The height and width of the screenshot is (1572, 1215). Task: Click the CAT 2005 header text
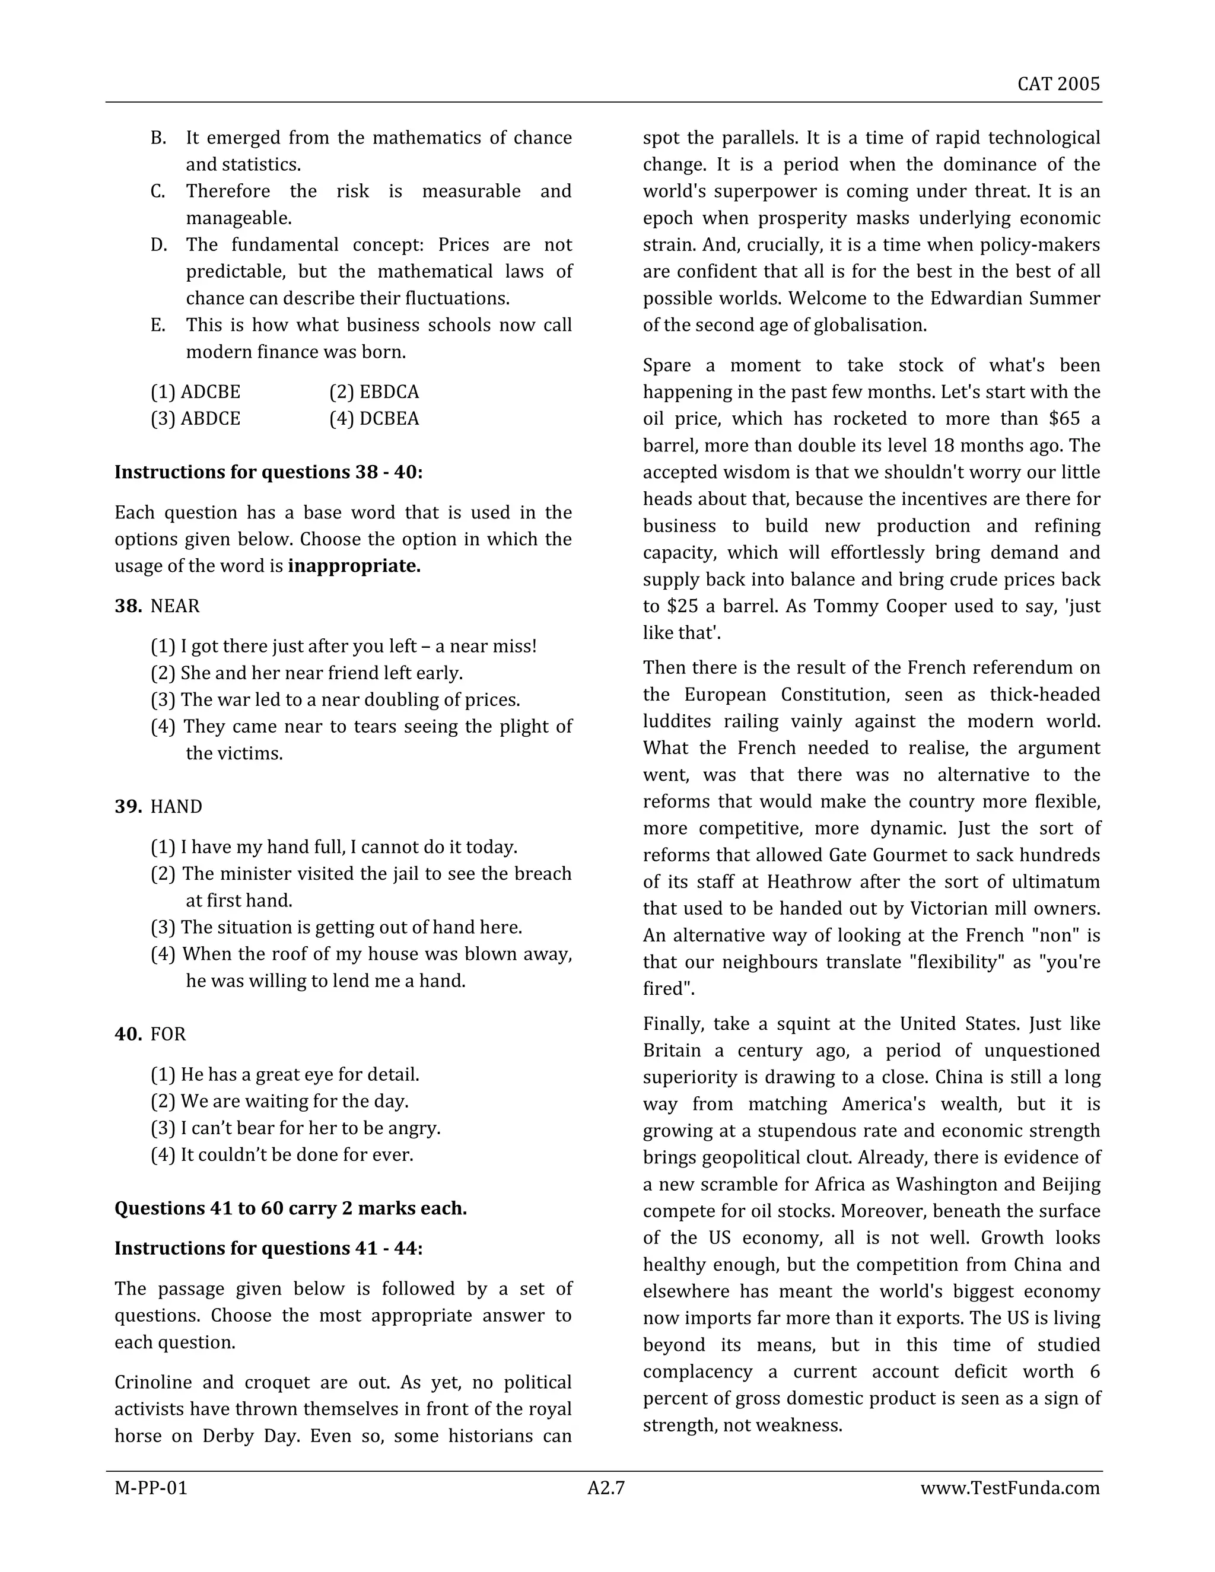point(1058,84)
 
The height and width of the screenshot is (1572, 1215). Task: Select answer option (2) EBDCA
point(374,392)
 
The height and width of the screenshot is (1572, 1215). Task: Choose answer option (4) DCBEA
point(374,419)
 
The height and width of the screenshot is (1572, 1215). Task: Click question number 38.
point(128,606)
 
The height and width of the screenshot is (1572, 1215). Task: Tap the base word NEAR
point(175,606)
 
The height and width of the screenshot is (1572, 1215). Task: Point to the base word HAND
point(176,807)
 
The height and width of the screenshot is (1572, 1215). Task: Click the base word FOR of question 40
point(168,1035)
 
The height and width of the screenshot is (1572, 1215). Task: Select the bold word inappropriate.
point(354,567)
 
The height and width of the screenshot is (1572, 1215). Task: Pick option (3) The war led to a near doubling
point(335,699)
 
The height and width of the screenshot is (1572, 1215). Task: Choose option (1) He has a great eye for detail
point(284,1075)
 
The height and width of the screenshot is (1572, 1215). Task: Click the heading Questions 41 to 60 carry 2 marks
point(290,1208)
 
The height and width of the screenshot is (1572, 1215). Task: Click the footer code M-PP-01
point(151,1488)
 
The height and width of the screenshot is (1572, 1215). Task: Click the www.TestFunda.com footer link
point(1010,1488)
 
